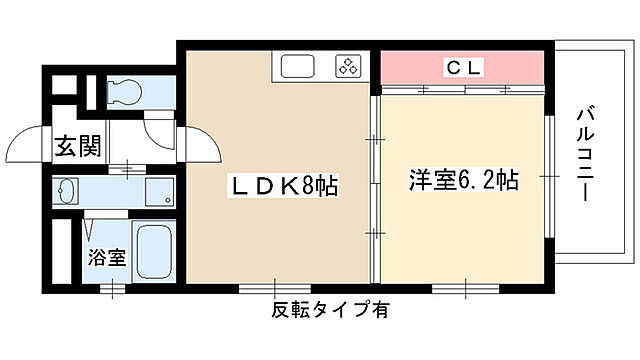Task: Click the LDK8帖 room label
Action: pyautogui.click(x=285, y=186)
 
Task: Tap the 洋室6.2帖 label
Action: pyautogui.click(x=462, y=181)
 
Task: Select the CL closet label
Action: pyautogui.click(x=464, y=68)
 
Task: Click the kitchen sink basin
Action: pyautogui.click(x=297, y=68)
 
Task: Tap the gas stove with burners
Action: pyautogui.click(x=346, y=68)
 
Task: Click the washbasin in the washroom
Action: pyautogui.click(x=68, y=191)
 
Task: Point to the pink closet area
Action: pyautogui.click(x=464, y=68)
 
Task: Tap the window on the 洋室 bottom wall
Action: pyautogui.click(x=464, y=288)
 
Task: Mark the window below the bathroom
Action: pyautogui.click(x=113, y=288)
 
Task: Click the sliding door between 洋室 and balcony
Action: pyautogui.click(x=549, y=176)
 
